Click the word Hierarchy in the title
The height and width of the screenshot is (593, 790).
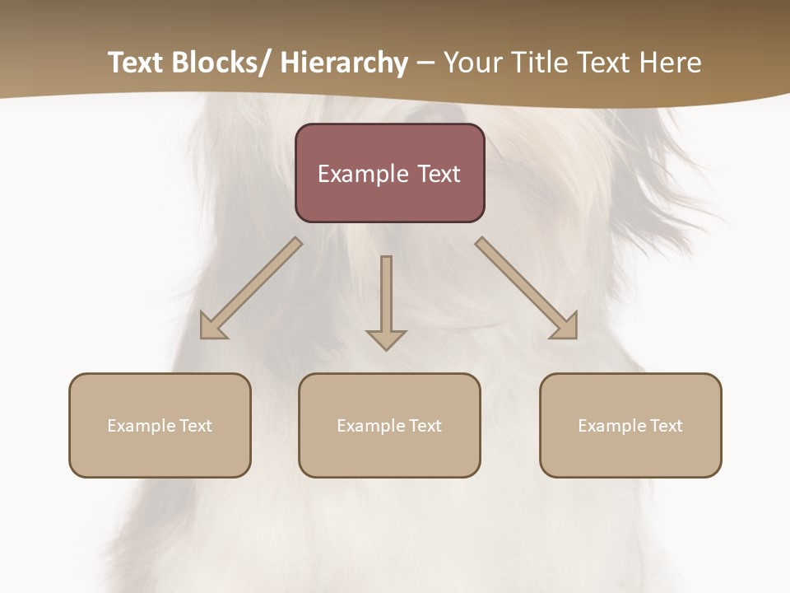pos(344,63)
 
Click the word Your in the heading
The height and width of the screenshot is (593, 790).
pos(472,63)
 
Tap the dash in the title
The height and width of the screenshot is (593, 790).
pos(425,63)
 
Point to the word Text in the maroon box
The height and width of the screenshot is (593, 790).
pos(439,174)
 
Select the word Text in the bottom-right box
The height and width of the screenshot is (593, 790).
pos(666,426)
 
